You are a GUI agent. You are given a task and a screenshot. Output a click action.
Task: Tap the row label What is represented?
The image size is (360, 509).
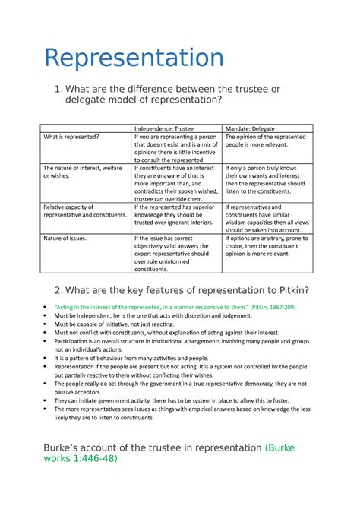(71, 137)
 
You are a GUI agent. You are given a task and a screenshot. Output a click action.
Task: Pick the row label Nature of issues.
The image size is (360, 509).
(65, 238)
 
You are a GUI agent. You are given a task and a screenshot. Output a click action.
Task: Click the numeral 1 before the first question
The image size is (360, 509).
(50, 90)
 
